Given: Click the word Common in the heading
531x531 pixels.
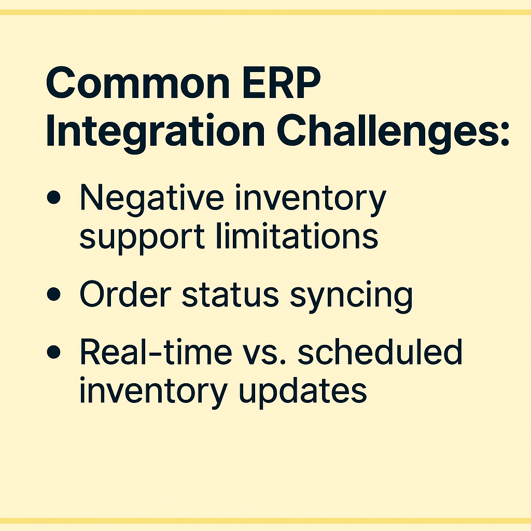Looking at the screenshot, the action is (x=138, y=82).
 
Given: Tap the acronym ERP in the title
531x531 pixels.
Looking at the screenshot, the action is (x=281, y=82).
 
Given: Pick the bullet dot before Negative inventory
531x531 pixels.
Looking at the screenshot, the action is (x=53, y=197).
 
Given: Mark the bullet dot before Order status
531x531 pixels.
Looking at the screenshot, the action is (x=53, y=294).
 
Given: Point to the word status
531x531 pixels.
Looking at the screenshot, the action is (x=230, y=295).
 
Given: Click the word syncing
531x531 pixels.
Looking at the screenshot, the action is (x=351, y=297).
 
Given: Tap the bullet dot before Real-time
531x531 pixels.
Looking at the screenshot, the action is (x=53, y=352).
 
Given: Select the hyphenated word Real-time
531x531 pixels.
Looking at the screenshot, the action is (x=156, y=352).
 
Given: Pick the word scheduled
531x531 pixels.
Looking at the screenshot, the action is (x=380, y=352).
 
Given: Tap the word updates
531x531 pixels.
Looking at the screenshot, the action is (x=303, y=392).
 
